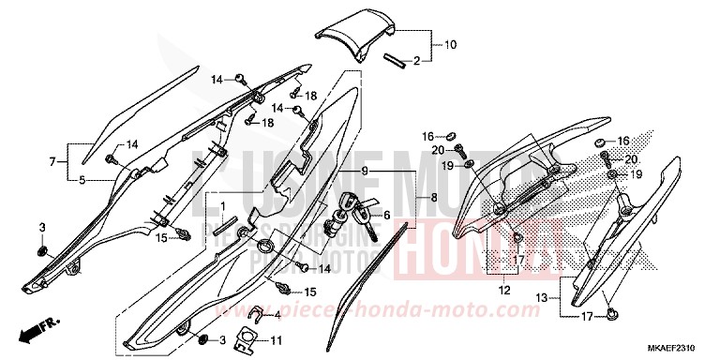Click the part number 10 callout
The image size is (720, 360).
[450, 44]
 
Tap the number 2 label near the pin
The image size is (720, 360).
[417, 61]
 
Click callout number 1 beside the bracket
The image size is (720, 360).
[222, 205]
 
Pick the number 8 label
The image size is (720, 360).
[432, 198]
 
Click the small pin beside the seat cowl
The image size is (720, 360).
[394, 62]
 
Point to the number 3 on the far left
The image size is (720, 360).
[42, 229]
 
